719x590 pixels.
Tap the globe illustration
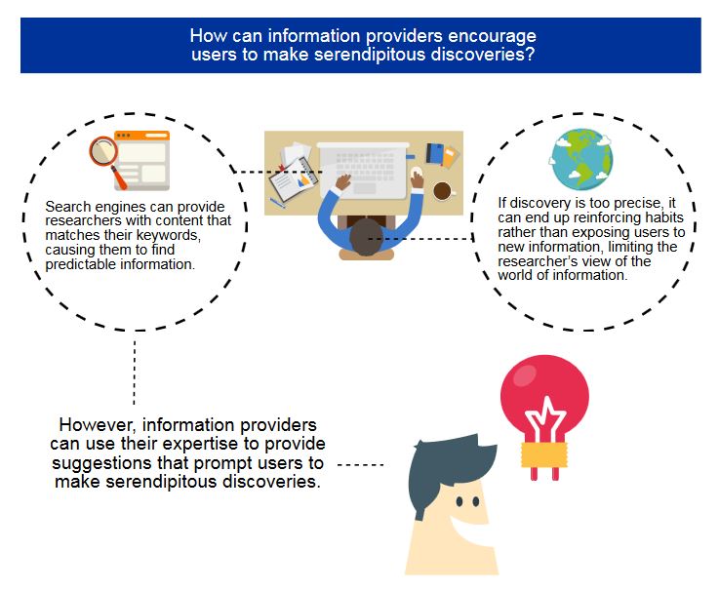pos(581,159)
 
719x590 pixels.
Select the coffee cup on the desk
pos(443,191)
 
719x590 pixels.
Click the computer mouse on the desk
pos(417,175)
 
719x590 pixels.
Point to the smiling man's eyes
pos(467,501)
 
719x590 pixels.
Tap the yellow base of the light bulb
pos(544,454)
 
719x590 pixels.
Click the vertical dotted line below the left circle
pos(135,372)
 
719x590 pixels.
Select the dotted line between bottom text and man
pos(360,465)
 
